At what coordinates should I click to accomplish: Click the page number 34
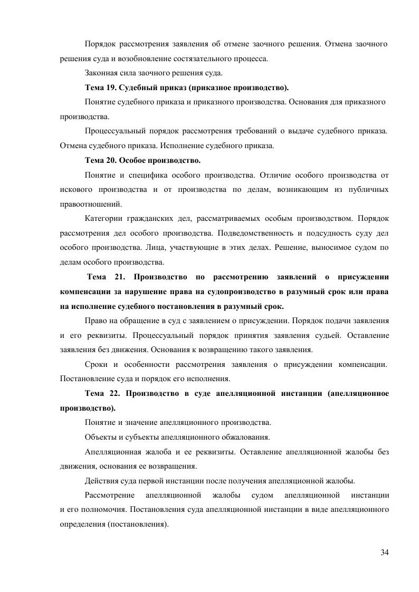point(384,552)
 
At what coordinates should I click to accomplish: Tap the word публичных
point(368,189)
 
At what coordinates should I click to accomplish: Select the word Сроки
point(96,364)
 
